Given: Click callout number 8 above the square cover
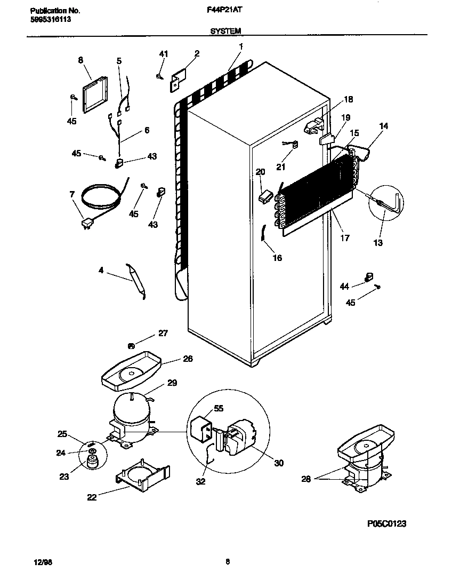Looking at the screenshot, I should pos(81,60).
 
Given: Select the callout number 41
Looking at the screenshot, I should pos(164,53).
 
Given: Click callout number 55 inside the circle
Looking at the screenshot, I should pos(218,408).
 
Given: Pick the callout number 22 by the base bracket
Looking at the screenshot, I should pos(92,497).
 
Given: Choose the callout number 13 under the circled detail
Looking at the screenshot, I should pos(378,243).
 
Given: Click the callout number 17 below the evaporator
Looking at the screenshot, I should pos(345,238).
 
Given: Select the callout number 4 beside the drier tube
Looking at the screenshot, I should pos(101,271).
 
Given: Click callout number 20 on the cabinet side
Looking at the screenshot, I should pos(260,172).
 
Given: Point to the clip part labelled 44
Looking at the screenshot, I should pos(367,276).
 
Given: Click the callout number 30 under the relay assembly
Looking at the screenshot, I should pos(278,463).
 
